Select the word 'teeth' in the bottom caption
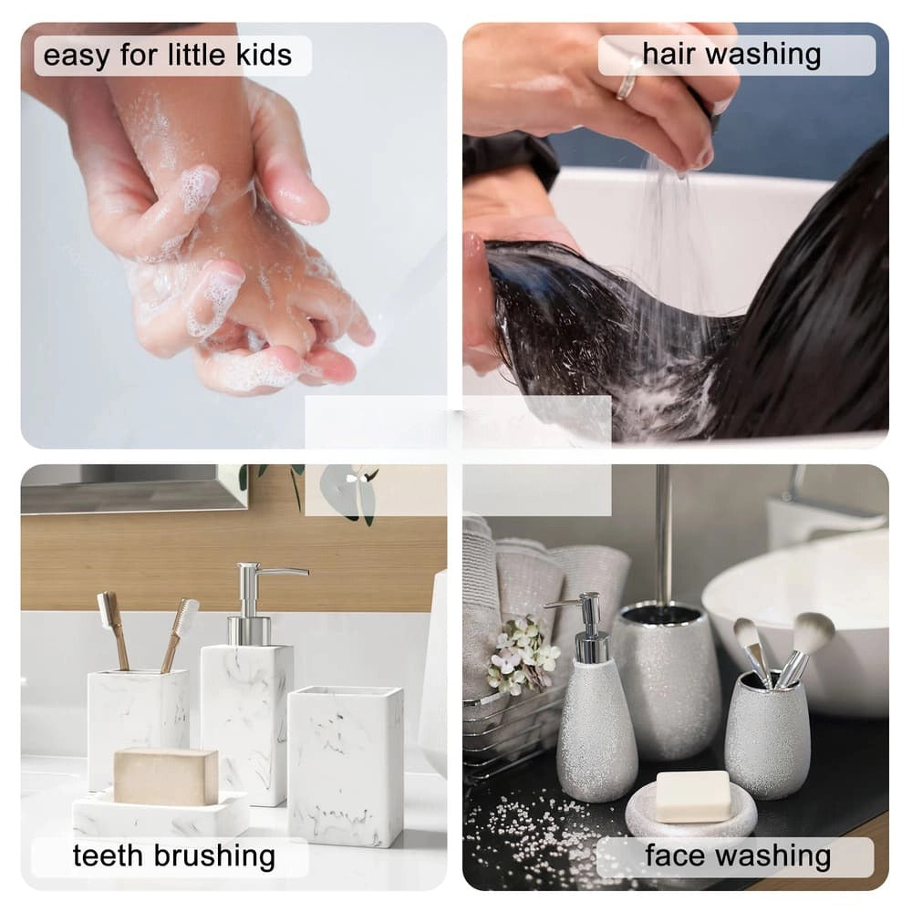click(x=108, y=855)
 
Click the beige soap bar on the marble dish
click(x=166, y=776)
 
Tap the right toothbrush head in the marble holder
click(x=187, y=617)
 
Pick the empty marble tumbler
click(x=346, y=766)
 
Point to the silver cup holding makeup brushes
click(x=760, y=735)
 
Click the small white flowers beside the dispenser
click(x=520, y=654)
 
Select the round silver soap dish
click(x=691, y=811)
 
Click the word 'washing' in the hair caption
click(x=763, y=55)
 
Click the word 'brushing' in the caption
click(x=214, y=856)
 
